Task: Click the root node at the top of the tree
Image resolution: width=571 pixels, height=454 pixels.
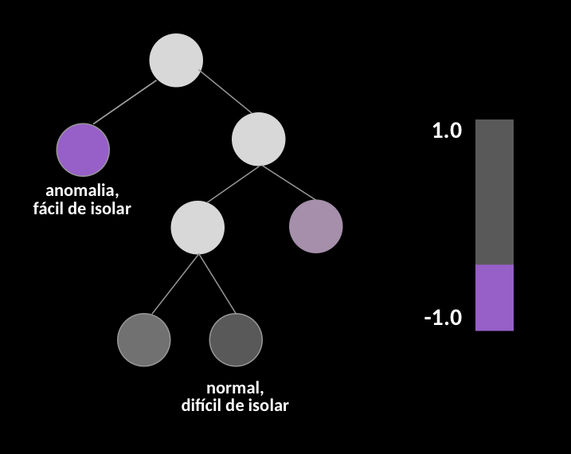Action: (x=176, y=61)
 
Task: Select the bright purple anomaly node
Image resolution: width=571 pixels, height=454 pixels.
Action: (x=83, y=150)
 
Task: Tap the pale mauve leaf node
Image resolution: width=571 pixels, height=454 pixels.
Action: (x=315, y=226)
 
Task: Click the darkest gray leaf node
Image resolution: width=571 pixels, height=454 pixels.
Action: (x=236, y=339)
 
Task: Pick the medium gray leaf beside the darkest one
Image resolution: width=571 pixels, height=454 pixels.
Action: (x=144, y=339)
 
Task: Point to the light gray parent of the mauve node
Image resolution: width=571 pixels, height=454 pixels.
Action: (x=259, y=139)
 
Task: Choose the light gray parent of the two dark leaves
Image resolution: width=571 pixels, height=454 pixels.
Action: (x=198, y=228)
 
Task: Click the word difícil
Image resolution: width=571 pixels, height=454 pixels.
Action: (x=201, y=405)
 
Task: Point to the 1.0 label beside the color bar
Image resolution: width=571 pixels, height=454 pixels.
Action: (x=448, y=131)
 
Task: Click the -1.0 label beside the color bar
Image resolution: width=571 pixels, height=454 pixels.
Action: (x=443, y=318)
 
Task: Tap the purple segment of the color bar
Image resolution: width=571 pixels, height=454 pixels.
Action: (x=495, y=298)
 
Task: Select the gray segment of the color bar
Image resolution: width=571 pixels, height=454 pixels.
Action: (x=495, y=192)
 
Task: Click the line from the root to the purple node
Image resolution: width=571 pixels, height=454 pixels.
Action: (x=125, y=102)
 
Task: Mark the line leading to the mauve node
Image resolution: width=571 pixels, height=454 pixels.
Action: (x=288, y=182)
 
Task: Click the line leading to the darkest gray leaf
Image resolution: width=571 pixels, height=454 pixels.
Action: (x=217, y=284)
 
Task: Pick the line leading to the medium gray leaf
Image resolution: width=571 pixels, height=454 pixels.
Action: (x=175, y=284)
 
